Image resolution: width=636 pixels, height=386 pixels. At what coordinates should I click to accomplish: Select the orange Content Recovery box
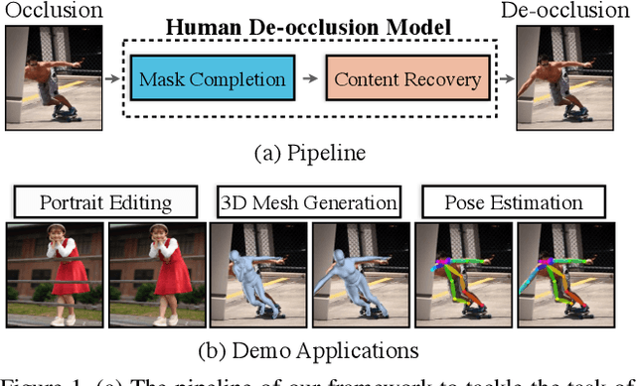click(406, 79)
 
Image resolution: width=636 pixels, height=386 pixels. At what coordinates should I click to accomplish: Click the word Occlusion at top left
click(52, 11)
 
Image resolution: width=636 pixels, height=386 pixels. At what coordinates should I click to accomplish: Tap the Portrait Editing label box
click(105, 202)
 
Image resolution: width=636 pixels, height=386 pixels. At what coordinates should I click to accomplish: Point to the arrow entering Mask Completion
click(116, 78)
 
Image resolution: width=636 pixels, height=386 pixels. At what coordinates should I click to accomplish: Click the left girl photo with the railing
click(54, 276)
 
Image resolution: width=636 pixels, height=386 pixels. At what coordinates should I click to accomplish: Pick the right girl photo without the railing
click(156, 276)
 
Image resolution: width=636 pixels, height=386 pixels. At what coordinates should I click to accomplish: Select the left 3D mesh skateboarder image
click(257, 276)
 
